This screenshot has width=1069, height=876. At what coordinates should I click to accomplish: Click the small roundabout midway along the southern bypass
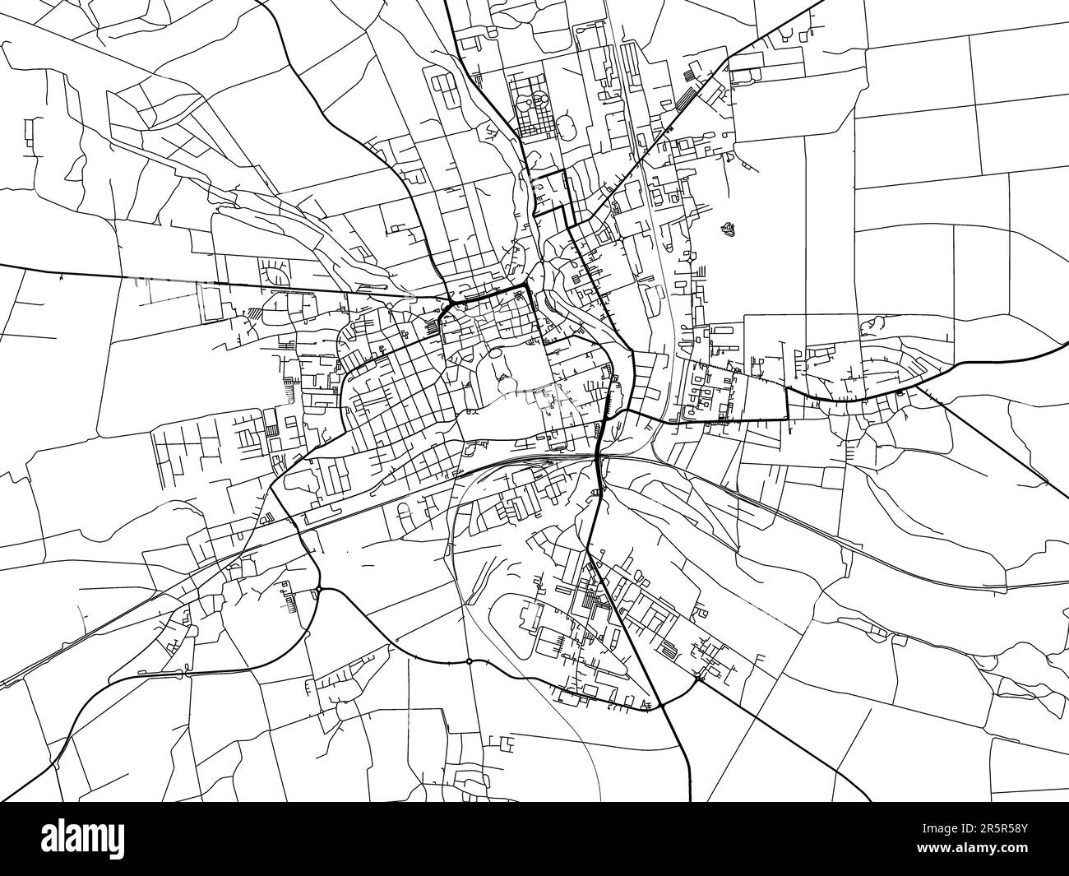point(469,660)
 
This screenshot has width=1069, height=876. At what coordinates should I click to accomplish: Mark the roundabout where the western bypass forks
point(319,589)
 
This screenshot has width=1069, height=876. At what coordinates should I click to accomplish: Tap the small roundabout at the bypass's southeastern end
point(698,678)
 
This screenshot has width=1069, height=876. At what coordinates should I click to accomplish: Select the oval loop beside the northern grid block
point(568,126)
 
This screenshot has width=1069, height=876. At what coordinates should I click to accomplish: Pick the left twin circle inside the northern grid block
point(534,100)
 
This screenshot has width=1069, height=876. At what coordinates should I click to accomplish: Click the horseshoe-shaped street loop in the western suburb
point(275,274)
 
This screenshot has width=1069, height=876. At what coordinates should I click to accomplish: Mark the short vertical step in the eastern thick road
point(787,403)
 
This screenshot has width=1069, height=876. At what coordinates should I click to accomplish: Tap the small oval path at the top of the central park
point(497,354)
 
